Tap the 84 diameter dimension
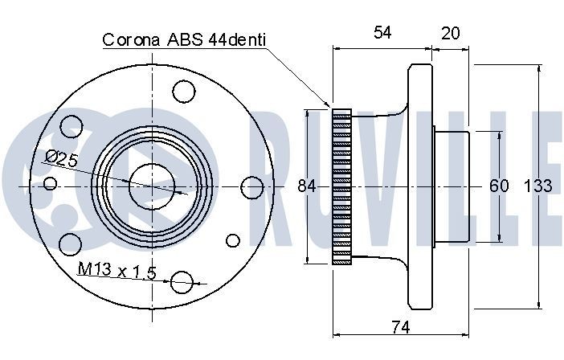pyautogui.click(x=306, y=186)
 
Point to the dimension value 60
pyautogui.click(x=499, y=186)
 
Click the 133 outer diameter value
pyautogui.click(x=537, y=186)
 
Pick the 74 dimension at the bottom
pyautogui.click(x=399, y=327)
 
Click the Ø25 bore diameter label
pyautogui.click(x=62, y=159)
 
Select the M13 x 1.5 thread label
pyautogui.click(x=116, y=270)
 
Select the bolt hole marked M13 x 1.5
pyautogui.click(x=183, y=281)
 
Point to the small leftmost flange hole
pyautogui.click(x=51, y=184)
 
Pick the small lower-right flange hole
pyautogui.click(x=233, y=239)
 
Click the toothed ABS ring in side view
pyautogui.click(x=342, y=186)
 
